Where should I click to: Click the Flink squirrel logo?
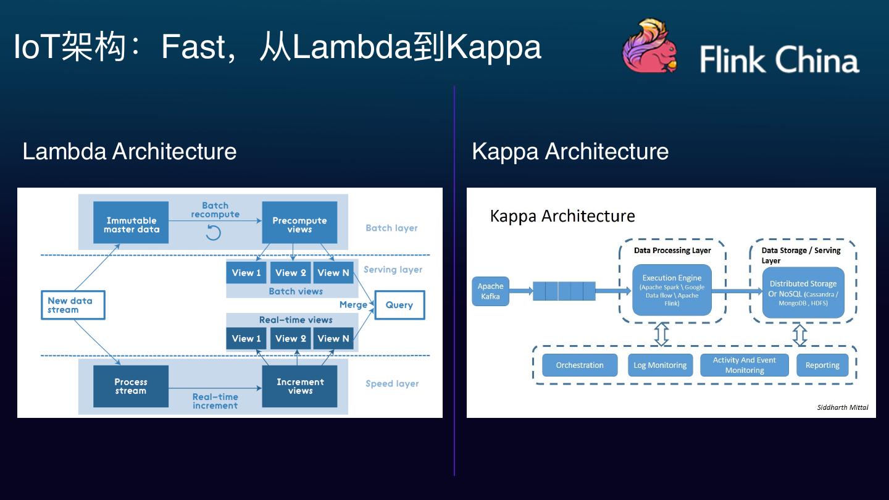(x=649, y=46)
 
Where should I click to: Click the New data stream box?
(x=72, y=305)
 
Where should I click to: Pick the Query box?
(x=399, y=305)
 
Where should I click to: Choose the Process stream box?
(x=131, y=386)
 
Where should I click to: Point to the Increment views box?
(x=299, y=386)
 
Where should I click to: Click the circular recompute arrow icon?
(x=213, y=233)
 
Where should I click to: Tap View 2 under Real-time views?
(x=290, y=338)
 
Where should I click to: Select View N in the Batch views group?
(x=333, y=273)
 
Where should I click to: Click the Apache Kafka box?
(x=490, y=291)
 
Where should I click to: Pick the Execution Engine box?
(x=672, y=290)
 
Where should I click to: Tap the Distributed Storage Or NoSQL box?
(x=803, y=293)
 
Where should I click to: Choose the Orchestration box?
(x=580, y=365)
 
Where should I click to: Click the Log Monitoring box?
(x=660, y=365)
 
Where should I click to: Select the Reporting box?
(x=822, y=365)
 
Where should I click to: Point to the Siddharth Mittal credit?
(x=842, y=407)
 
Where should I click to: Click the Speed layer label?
(x=392, y=383)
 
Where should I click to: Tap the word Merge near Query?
(x=353, y=305)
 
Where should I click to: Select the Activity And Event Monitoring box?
(x=744, y=365)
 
